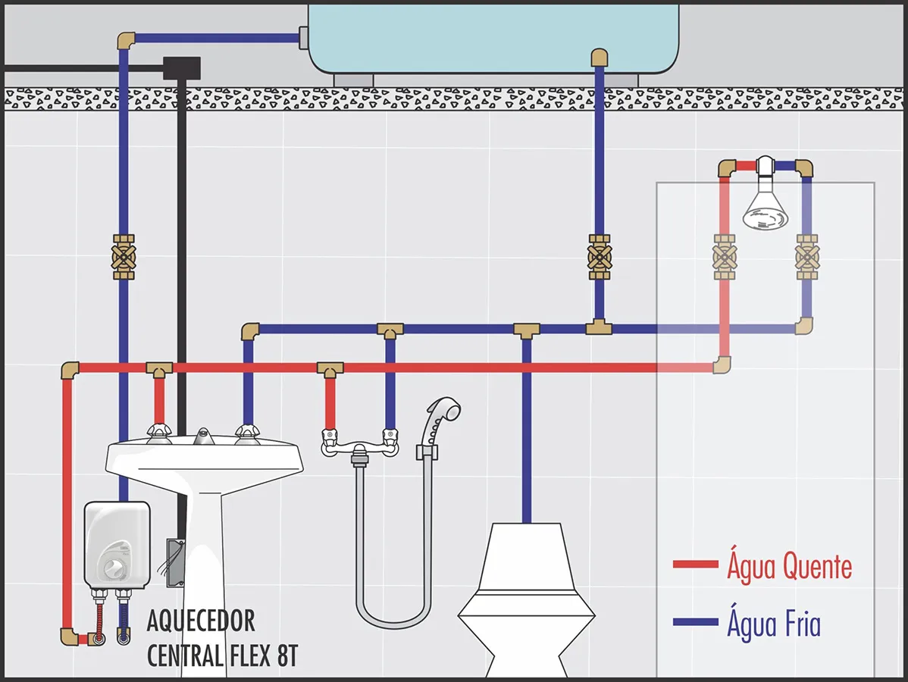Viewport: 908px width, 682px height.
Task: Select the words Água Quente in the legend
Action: click(789, 565)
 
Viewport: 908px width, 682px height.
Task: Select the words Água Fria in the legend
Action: click(774, 623)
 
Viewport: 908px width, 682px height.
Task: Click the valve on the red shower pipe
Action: click(725, 256)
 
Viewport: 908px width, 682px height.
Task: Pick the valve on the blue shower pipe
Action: click(806, 256)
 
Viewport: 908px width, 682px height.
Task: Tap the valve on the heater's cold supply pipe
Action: click(124, 256)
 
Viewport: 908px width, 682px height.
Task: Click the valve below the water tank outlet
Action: click(600, 256)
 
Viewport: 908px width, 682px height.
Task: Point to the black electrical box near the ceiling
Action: click(182, 67)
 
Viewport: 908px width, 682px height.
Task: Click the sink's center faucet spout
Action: click(203, 436)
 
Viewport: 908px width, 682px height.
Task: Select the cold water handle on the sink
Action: click(247, 433)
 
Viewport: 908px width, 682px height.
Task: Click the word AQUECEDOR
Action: click(200, 621)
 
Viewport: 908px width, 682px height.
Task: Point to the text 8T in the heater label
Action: click(287, 656)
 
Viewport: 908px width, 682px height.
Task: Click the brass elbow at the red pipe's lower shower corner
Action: click(722, 364)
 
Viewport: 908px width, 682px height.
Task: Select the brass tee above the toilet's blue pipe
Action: click(527, 330)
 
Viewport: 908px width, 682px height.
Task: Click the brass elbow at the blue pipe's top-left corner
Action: click(127, 40)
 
